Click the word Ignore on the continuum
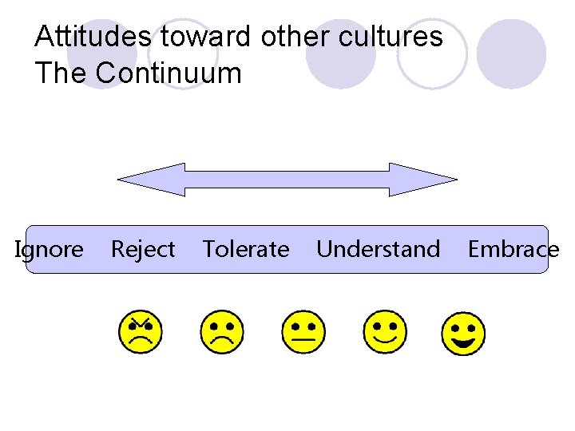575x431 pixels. point(50,250)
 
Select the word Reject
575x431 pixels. point(143,250)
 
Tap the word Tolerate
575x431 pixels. point(246,250)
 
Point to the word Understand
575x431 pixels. point(378,250)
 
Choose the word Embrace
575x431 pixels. point(513,250)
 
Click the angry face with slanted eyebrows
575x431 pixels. point(141,332)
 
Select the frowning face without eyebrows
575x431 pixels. point(221,332)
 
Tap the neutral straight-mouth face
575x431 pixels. point(303,332)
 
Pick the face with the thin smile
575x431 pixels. point(385,332)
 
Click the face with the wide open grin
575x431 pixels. point(463,334)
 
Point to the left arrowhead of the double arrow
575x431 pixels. point(152,180)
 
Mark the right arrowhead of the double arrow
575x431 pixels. point(423,180)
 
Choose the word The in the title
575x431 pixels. point(61,73)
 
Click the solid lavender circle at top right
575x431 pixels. point(511,52)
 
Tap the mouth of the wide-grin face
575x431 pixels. point(464,343)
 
